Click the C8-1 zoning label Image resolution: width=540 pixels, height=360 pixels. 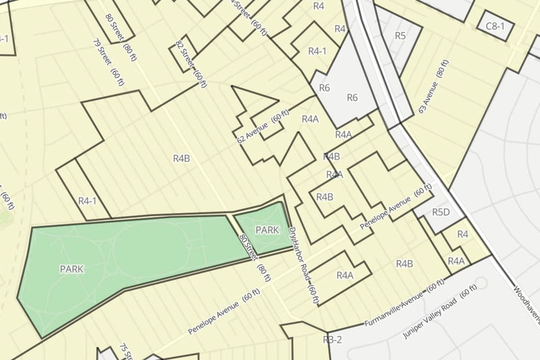tap(495, 26)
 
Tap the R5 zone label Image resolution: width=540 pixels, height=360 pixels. tap(400, 36)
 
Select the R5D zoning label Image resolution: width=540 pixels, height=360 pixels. tap(441, 212)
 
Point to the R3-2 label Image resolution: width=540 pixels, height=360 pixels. tap(333, 340)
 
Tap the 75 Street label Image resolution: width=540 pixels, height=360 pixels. tap(126, 352)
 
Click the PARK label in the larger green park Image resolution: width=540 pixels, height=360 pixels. tap(72, 269)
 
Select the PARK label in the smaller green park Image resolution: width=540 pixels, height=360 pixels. tap(267, 230)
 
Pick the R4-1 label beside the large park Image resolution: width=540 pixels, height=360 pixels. tap(87, 201)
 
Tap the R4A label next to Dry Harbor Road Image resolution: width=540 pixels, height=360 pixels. tap(345, 275)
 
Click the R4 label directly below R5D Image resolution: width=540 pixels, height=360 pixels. tap(463, 234)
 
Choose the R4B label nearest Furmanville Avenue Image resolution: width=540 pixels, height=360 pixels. tap(404, 264)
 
